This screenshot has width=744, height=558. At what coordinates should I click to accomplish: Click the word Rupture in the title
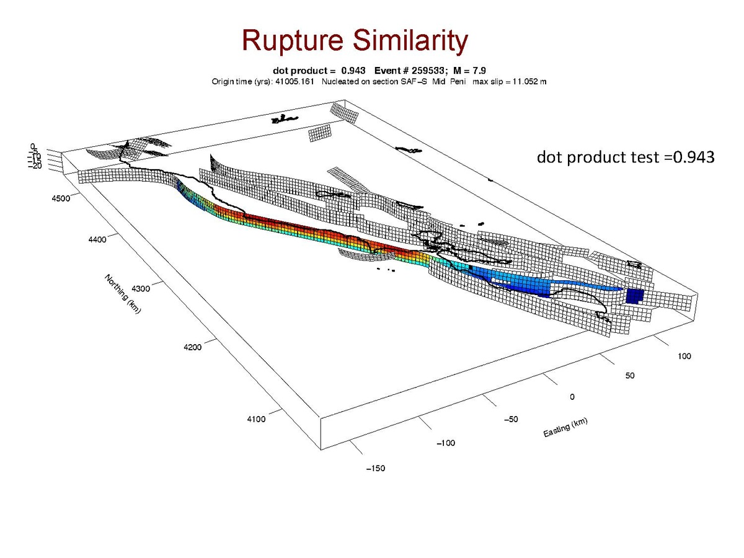coord(291,42)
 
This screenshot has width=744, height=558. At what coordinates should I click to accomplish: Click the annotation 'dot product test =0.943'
coord(626,158)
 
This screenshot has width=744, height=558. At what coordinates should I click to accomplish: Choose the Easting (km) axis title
coord(565,427)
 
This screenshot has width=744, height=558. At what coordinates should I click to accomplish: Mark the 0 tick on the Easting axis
coord(573,396)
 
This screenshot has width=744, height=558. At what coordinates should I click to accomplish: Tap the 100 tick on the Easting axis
coord(683,356)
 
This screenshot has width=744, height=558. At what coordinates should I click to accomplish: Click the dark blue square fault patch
coord(634,296)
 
